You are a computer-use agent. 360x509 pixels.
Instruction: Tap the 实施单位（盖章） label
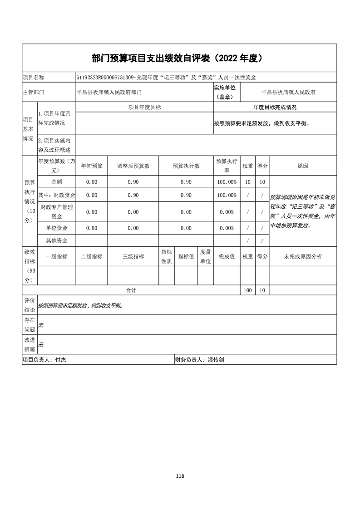pos(227,92)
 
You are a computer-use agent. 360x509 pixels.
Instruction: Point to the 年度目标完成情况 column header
pos(275,108)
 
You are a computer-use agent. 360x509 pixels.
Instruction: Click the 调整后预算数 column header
pos(133,166)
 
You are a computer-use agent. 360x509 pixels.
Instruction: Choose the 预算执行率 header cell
pos(227,166)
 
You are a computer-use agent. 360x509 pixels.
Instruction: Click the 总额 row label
pos(57,182)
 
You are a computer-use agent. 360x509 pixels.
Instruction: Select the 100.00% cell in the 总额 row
pos(227,182)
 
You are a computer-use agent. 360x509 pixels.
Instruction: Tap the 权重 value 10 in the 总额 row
pos(247,182)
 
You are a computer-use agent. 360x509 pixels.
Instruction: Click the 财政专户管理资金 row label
pos(57,211)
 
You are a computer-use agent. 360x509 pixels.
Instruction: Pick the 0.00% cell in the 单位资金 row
pos(227,228)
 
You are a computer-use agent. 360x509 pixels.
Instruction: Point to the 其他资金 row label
pos(57,240)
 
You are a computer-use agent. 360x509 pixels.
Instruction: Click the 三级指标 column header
pos(133,256)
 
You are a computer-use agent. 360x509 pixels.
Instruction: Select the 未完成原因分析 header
pos(303,256)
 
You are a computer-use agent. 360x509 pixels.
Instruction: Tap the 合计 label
pos(131,290)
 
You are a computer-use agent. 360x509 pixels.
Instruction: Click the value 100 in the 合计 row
pos(247,290)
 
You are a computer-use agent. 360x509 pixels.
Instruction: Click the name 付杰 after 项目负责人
pos(61,360)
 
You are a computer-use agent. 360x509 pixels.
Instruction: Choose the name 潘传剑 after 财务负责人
pos(216,360)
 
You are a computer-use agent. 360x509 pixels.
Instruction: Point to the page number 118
pos(180,476)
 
